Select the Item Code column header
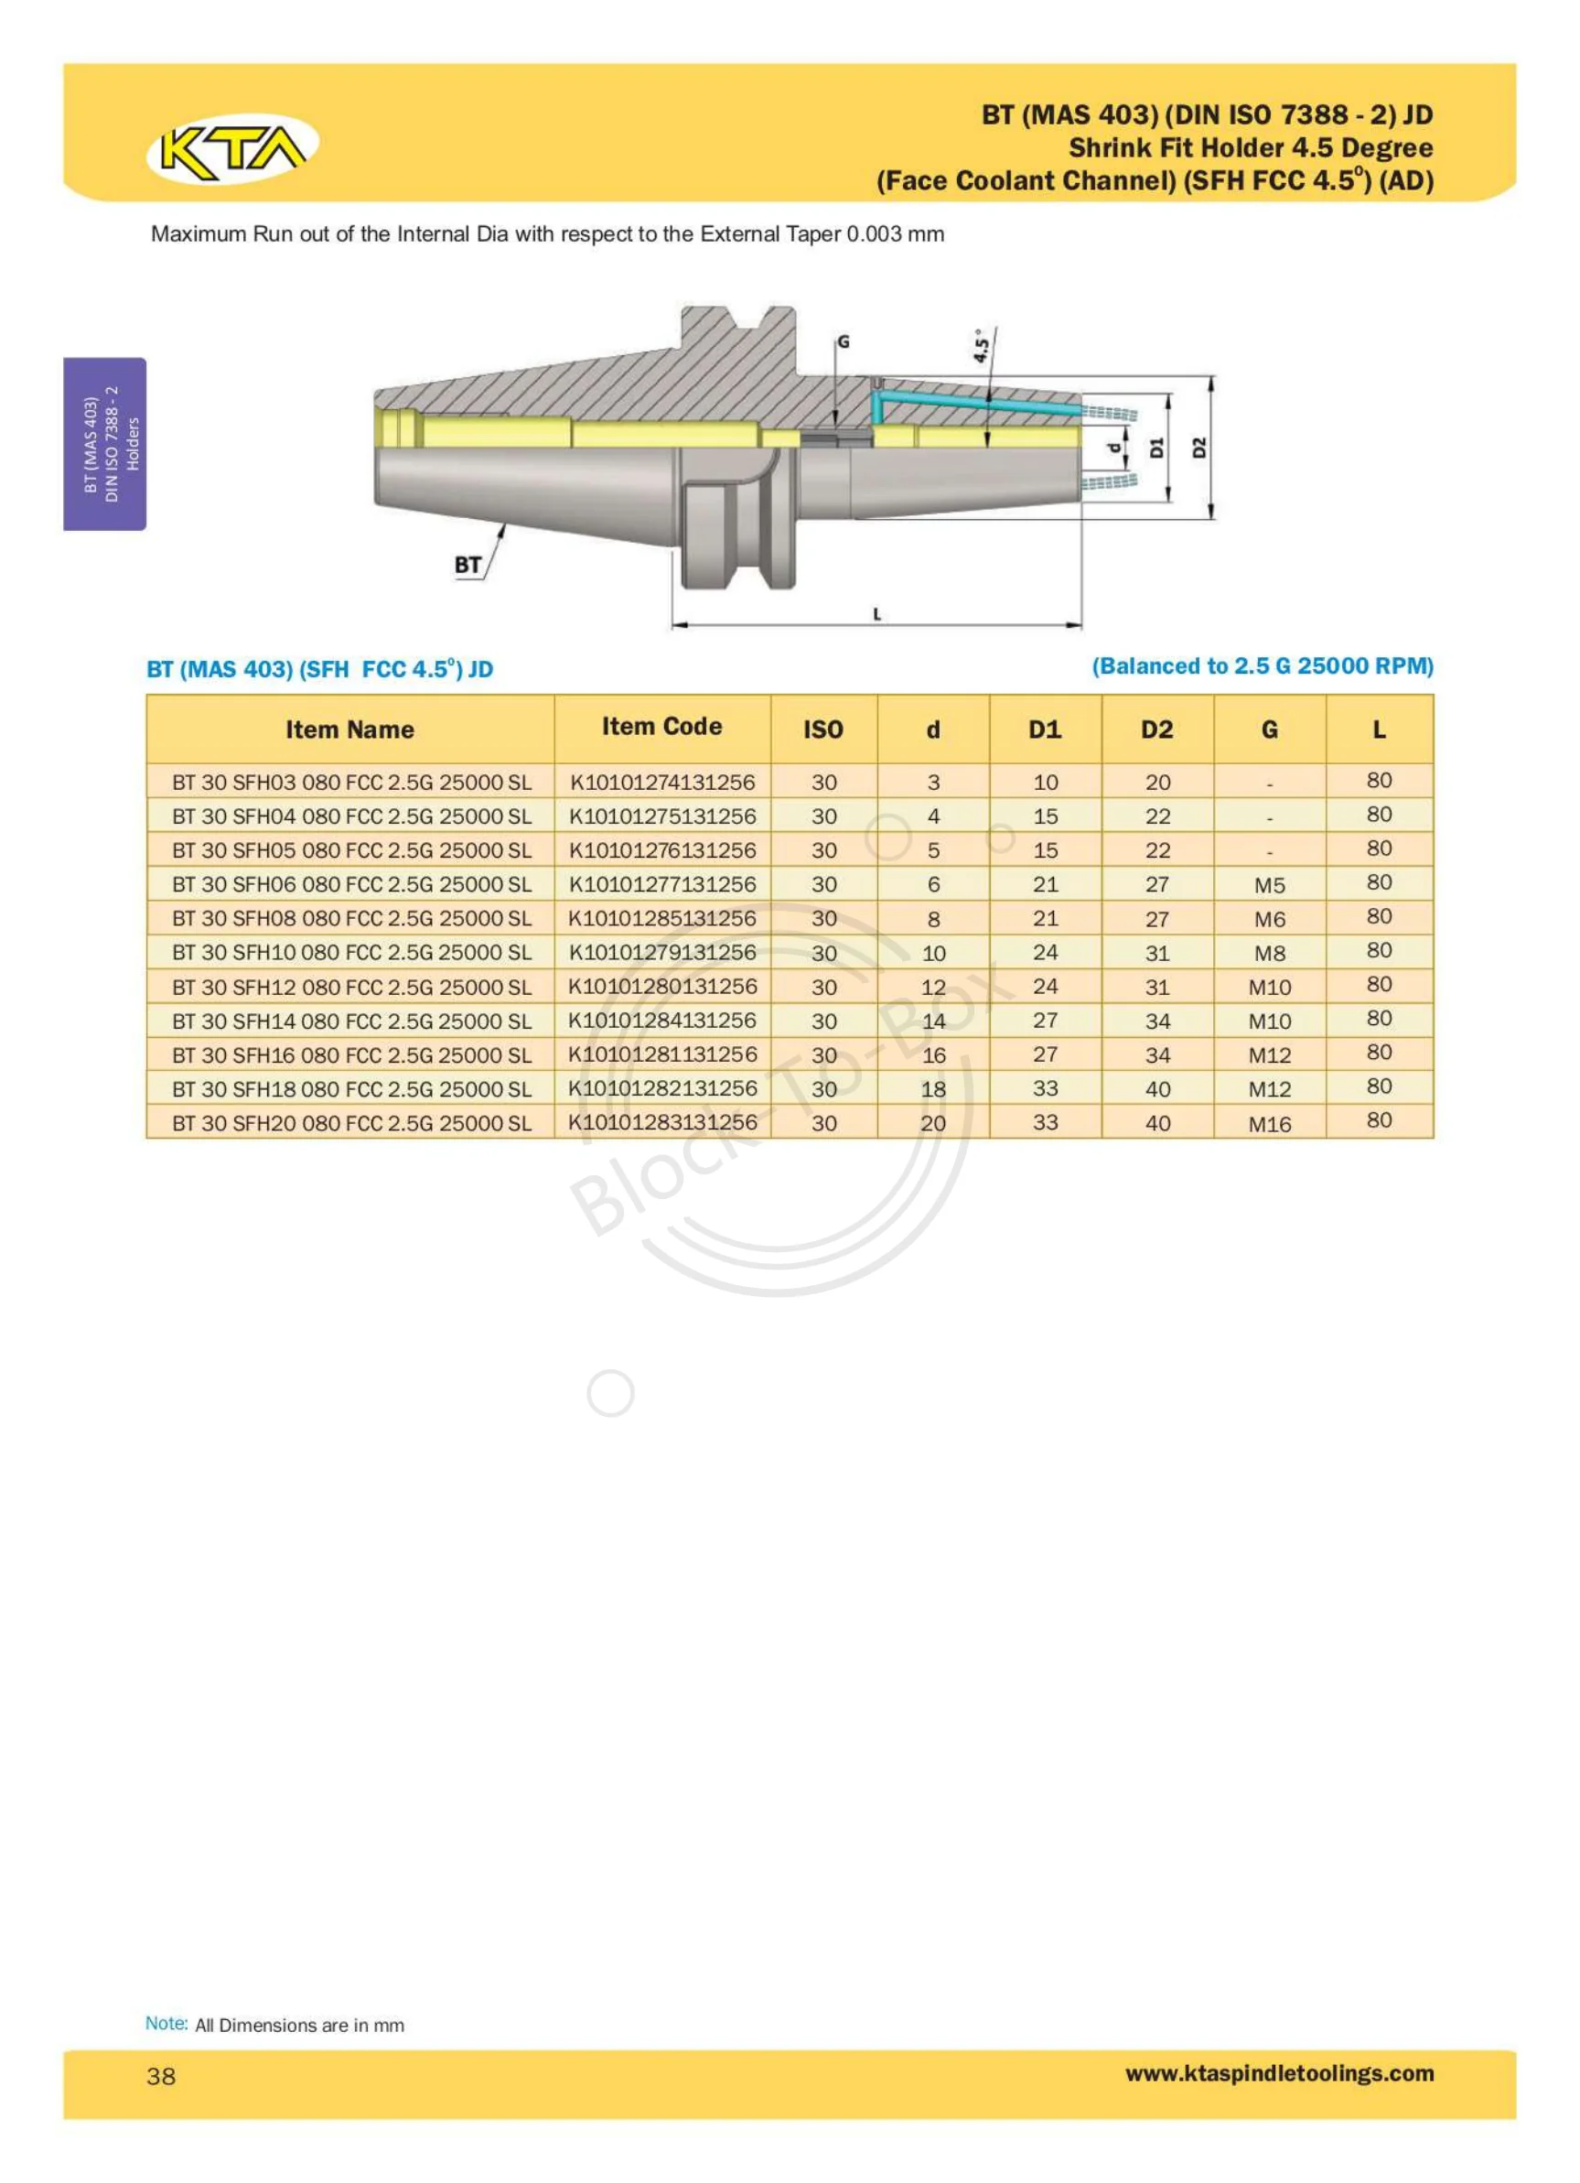[x=662, y=727]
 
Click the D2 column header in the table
[x=1156, y=729]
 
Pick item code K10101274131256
[x=662, y=782]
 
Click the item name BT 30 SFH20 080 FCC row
[x=351, y=1123]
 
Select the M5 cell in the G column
[x=1269, y=885]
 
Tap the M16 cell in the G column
[x=1269, y=1123]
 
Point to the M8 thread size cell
[x=1269, y=953]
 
